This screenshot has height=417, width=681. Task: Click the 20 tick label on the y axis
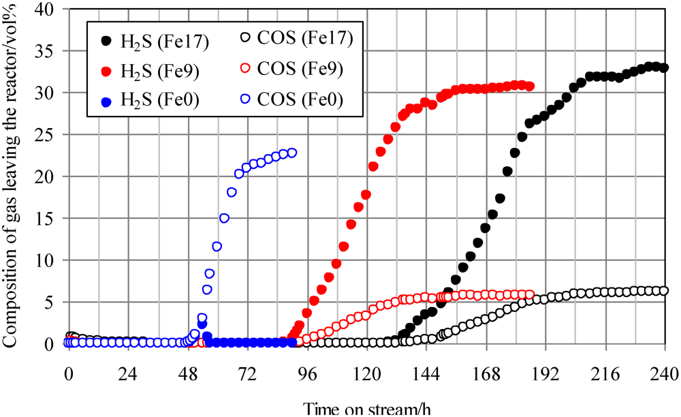pyautogui.click(x=53, y=176)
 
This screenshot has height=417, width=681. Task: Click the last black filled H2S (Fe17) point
pyautogui.click(x=664, y=67)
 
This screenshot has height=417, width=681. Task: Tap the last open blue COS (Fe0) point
pyautogui.click(x=292, y=153)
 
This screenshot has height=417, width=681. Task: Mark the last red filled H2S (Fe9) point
pyautogui.click(x=529, y=87)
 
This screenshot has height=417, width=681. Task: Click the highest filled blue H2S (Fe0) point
pyautogui.click(x=202, y=324)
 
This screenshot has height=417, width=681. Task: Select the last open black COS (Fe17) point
pyautogui.click(x=664, y=291)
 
